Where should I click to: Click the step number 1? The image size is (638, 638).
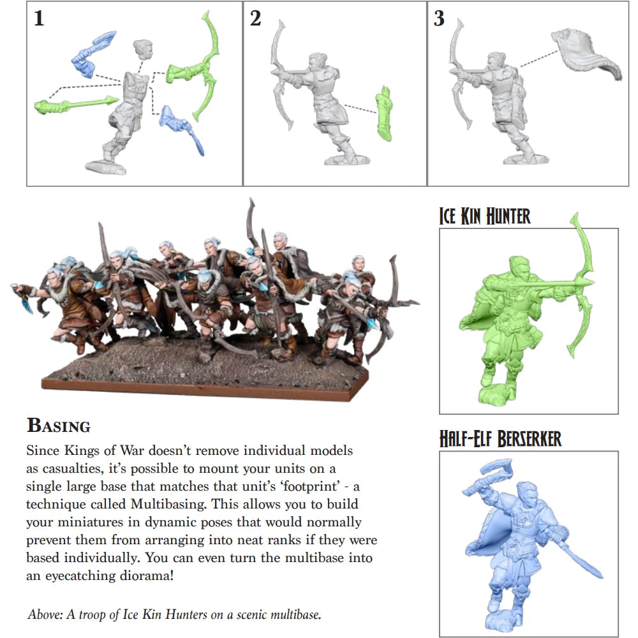point(39,19)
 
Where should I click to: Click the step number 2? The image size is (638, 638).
point(255,19)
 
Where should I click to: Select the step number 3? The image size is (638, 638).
point(439,19)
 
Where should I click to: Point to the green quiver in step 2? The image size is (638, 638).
point(384,113)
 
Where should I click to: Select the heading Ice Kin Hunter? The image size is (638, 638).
point(485,216)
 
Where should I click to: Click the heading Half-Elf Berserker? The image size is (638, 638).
point(500,439)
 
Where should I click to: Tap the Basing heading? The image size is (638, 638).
point(58,426)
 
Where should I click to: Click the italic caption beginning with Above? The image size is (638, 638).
point(174,615)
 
